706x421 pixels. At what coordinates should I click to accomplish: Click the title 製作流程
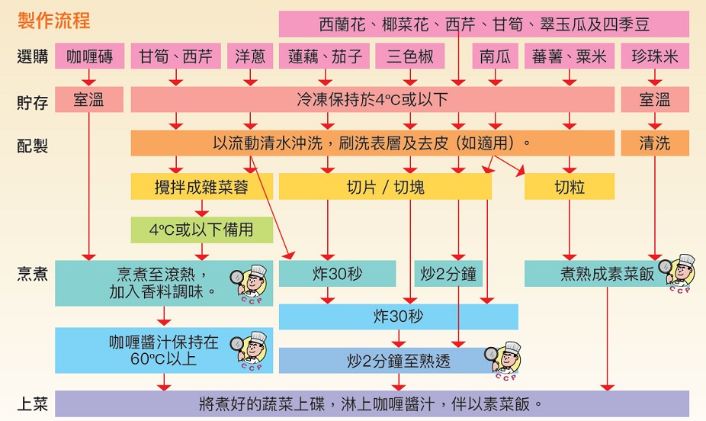[x=53, y=20]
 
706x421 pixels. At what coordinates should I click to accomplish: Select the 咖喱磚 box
[x=89, y=56]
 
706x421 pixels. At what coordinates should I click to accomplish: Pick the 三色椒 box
[x=410, y=56]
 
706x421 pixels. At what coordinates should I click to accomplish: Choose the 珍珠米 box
[x=655, y=56]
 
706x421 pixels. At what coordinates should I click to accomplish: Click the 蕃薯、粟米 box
[x=569, y=56]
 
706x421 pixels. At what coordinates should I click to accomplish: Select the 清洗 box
[x=655, y=143]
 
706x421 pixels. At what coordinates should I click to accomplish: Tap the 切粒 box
[x=569, y=186]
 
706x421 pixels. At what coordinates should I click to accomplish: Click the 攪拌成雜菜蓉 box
[x=201, y=186]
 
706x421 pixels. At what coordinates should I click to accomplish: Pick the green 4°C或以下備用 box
[x=201, y=230]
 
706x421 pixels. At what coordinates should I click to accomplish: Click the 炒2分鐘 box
[x=448, y=273]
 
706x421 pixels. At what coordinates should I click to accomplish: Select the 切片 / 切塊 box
[x=384, y=186]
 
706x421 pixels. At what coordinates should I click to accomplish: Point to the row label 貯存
[x=32, y=101]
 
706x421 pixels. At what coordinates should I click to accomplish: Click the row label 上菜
[x=32, y=403]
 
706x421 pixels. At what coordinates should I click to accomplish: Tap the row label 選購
[x=32, y=56]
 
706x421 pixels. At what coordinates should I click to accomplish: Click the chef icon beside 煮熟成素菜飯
[x=679, y=272]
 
